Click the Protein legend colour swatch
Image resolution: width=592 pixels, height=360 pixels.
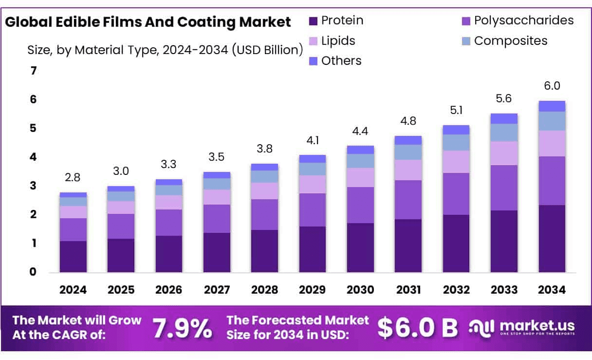(313, 21)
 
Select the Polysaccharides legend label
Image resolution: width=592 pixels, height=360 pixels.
(524, 20)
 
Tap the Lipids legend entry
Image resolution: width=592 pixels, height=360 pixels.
(338, 41)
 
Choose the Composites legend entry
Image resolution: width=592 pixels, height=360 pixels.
(511, 41)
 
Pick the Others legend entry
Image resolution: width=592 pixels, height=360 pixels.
(341, 61)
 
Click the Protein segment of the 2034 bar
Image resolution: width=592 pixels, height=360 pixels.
(552, 238)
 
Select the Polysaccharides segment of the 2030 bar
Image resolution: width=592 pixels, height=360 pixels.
(360, 205)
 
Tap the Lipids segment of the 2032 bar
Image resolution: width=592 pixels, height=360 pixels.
(456, 162)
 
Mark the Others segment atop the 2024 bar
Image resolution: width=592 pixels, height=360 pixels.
(73, 194)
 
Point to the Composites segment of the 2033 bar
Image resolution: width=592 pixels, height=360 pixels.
(504, 133)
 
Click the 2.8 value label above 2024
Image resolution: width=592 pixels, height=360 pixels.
(73, 178)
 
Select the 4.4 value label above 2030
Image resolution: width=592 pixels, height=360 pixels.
(360, 132)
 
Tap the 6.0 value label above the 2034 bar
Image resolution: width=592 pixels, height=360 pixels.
(552, 86)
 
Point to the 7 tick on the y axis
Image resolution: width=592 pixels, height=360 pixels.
(33, 71)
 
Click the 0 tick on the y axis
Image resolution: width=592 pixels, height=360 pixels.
(33, 272)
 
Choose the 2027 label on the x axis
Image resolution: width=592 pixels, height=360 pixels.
(217, 290)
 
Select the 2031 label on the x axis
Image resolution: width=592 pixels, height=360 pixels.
(408, 290)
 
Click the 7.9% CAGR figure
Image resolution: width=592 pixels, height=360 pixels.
(183, 329)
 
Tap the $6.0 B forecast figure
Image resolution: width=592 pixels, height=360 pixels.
(418, 329)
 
